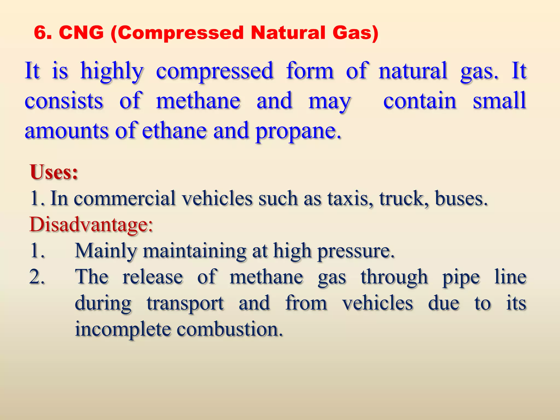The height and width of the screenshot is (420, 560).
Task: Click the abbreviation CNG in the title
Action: [81, 33]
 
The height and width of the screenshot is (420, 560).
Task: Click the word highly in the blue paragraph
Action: [112, 71]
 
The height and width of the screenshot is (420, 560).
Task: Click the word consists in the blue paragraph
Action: [64, 101]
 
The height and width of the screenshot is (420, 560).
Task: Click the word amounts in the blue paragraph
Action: [66, 131]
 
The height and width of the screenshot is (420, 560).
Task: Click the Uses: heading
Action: [54, 172]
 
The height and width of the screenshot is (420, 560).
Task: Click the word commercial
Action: [124, 198]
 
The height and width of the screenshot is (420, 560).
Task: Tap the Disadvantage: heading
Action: [91, 225]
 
